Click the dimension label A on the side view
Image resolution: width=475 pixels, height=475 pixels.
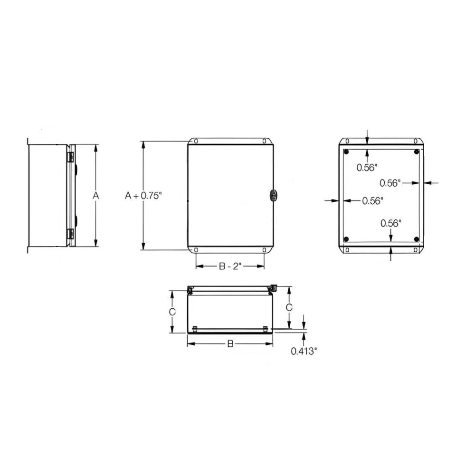[96, 196]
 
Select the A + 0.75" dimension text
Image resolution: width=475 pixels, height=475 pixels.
[143, 195]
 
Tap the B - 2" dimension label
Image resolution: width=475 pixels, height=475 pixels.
[230, 266]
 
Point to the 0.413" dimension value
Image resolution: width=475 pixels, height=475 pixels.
[304, 351]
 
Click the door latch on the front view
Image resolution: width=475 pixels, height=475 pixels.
[272, 195]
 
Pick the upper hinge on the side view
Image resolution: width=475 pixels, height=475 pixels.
[70, 156]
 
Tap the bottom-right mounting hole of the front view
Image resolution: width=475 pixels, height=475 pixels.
[264, 250]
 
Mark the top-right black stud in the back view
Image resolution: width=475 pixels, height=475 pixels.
[416, 152]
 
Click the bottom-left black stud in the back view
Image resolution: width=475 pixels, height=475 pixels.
[346, 239]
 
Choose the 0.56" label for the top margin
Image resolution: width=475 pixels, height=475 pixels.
[367, 167]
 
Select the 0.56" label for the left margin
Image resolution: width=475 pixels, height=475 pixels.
[372, 201]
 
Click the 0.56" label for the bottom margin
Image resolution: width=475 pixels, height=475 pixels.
[391, 222]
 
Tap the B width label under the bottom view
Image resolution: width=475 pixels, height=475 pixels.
[230, 344]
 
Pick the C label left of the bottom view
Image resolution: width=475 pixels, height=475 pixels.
[173, 312]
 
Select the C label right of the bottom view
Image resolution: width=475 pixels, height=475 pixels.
[288, 307]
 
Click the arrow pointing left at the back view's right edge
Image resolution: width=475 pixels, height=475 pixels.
[429, 182]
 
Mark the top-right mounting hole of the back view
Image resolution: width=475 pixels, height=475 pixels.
[416, 141]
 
